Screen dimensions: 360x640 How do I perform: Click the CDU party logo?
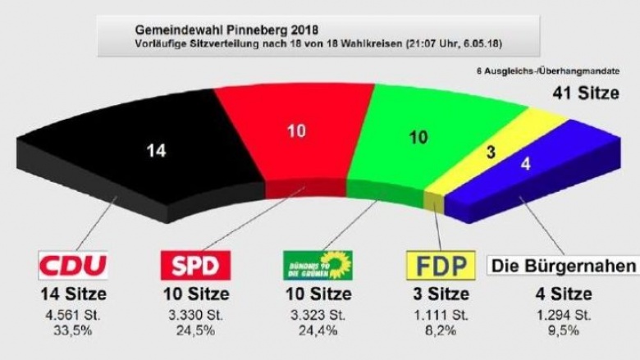click(73, 265)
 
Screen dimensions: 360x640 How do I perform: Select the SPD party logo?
click(195, 265)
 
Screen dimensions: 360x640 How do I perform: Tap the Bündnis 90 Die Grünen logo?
click(318, 265)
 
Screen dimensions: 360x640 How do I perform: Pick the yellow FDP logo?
click(441, 265)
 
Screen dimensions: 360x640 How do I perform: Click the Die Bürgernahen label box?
click(563, 266)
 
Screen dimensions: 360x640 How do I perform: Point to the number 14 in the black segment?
click(156, 150)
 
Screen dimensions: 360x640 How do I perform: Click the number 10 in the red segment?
click(296, 130)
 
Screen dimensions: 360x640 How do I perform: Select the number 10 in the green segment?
click(418, 138)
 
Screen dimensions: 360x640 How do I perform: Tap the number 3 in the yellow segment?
click(491, 151)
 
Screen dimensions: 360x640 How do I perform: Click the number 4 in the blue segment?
click(526, 163)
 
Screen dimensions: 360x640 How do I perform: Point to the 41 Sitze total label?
click(584, 93)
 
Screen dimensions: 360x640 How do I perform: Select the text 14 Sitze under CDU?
click(73, 294)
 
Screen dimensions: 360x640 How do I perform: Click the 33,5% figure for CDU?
click(73, 330)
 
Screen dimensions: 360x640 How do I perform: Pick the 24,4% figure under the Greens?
click(318, 330)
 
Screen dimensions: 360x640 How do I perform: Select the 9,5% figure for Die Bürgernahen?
click(563, 330)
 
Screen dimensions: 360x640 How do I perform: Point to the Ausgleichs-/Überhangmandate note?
click(548, 72)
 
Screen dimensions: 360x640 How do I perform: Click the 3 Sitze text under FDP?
click(441, 294)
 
